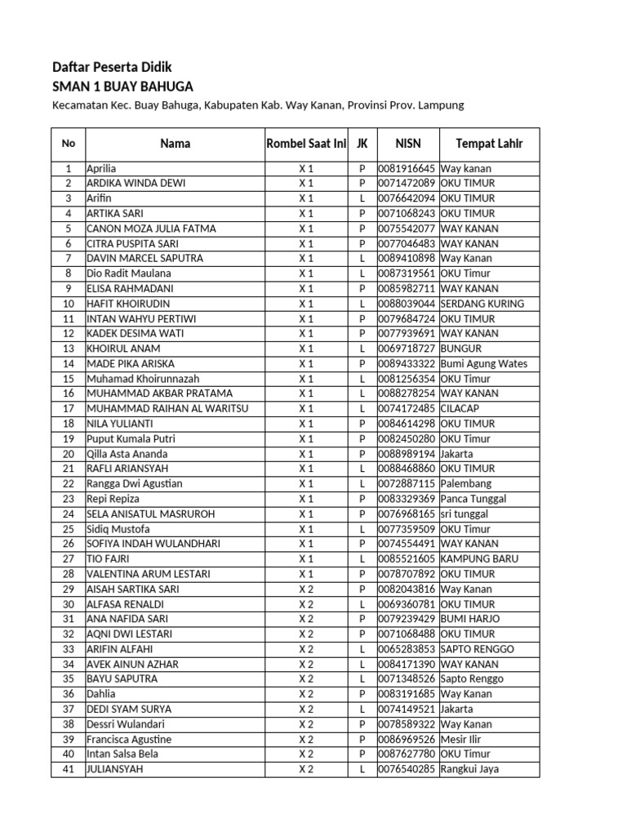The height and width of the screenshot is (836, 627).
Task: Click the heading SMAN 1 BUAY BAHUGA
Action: (123, 87)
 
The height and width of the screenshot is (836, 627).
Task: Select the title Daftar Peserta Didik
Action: (112, 67)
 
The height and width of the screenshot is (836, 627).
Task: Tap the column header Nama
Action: (175, 144)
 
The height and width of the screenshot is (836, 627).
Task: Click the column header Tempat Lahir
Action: (489, 144)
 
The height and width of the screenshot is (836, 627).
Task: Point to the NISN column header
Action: (407, 144)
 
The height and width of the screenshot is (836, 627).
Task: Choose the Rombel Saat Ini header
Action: (306, 144)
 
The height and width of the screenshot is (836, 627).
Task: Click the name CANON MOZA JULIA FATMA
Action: (151, 229)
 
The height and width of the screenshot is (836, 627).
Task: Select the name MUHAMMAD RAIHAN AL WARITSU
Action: (167, 408)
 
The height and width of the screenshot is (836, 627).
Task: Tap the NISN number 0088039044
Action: (407, 304)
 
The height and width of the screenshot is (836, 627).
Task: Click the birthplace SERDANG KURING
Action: (482, 304)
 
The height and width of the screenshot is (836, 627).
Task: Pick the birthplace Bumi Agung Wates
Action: (484, 363)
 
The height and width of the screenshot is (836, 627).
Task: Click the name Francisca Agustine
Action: (129, 739)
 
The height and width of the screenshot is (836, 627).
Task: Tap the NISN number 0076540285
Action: (407, 769)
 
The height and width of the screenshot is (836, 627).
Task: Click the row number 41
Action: (69, 769)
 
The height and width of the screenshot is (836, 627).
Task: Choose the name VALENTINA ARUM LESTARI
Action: (148, 574)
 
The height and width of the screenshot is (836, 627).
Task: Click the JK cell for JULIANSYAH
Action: (362, 769)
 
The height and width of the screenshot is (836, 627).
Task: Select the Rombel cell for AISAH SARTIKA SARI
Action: (306, 589)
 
